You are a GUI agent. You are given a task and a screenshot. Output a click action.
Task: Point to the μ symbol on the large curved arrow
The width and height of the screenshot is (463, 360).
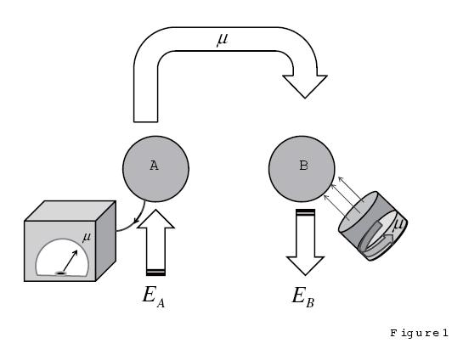(x=223, y=39)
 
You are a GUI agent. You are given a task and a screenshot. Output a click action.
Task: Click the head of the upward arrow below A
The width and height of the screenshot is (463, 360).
(x=155, y=219)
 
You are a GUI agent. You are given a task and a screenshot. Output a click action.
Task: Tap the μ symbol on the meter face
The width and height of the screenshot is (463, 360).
(x=87, y=237)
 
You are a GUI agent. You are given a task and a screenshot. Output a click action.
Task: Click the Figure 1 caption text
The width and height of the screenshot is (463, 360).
(x=418, y=334)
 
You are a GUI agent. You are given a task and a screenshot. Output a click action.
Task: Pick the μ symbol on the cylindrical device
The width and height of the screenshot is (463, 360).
(x=397, y=224)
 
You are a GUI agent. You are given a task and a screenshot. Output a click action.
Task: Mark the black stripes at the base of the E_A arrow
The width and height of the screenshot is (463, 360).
(x=156, y=272)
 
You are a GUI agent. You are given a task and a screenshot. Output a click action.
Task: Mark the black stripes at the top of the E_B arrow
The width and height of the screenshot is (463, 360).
(x=305, y=212)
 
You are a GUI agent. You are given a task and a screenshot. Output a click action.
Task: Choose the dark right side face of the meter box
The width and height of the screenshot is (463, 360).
(x=105, y=241)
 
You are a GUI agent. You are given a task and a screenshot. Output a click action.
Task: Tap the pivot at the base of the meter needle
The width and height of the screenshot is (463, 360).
(x=61, y=273)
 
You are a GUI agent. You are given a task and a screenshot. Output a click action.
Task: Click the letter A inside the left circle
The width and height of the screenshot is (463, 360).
(x=154, y=166)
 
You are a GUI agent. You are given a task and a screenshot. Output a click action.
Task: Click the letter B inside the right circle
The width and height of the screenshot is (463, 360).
(x=303, y=166)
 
